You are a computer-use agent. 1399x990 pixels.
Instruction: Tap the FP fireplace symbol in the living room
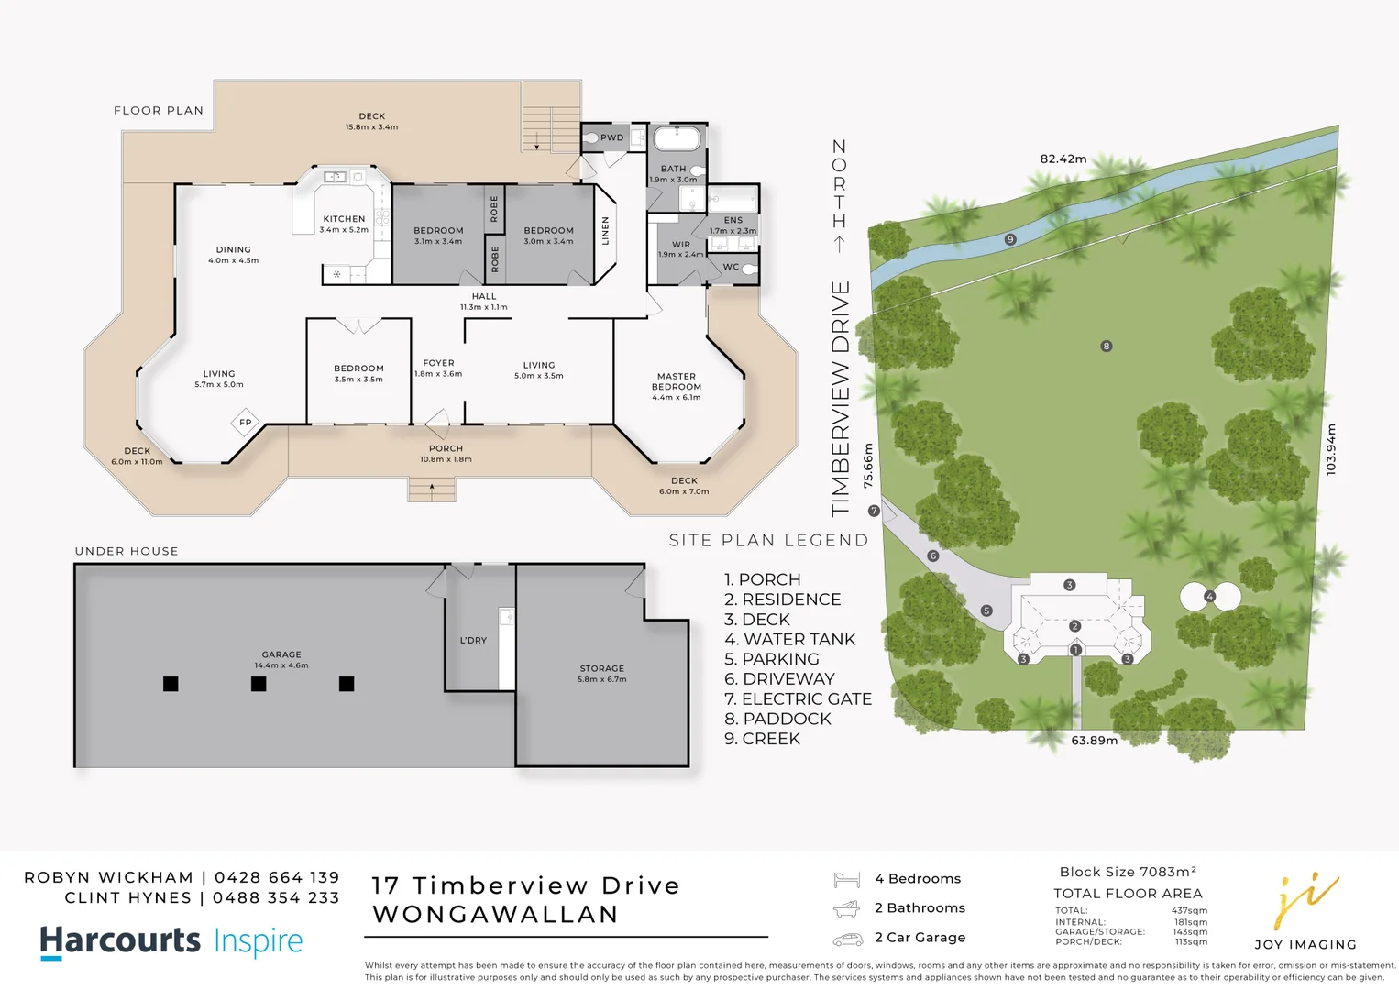pyautogui.click(x=245, y=423)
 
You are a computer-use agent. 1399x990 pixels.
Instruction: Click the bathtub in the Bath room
pyautogui.click(x=677, y=139)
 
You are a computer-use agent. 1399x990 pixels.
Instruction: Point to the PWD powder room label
pyautogui.click(x=611, y=138)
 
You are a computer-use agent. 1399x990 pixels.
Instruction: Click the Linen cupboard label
pyautogui.click(x=605, y=231)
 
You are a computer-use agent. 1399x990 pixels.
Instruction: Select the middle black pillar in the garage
pyautogui.click(x=259, y=684)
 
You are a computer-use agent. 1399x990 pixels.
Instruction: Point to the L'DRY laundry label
pyautogui.click(x=473, y=641)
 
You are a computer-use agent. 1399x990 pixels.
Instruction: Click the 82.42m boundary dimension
pyautogui.click(x=1063, y=159)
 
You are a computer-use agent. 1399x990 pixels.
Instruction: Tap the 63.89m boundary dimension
pyautogui.click(x=1094, y=741)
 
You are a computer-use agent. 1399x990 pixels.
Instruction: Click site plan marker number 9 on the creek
pyautogui.click(x=1010, y=239)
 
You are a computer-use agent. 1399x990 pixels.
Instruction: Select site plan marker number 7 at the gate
pyautogui.click(x=874, y=511)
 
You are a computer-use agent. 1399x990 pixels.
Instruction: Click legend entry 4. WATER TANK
pyautogui.click(x=789, y=640)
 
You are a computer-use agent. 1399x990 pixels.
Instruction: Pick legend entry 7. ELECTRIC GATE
pyautogui.click(x=798, y=699)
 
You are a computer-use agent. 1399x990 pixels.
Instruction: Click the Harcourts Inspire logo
pyautogui.click(x=171, y=941)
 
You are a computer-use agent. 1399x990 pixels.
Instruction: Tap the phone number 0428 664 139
pyautogui.click(x=277, y=878)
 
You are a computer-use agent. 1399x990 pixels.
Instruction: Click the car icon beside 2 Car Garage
pyautogui.click(x=847, y=939)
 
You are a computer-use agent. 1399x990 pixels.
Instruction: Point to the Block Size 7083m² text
pyautogui.click(x=1128, y=872)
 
